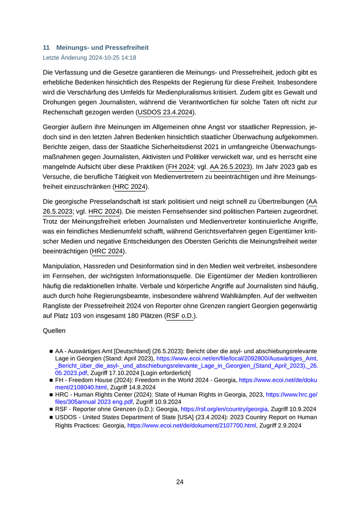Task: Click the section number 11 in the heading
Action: (x=46, y=47)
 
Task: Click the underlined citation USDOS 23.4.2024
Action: (x=165, y=112)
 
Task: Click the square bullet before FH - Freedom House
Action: (x=51, y=380)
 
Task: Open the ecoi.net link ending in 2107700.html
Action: (x=191, y=426)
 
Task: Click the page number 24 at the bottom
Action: (x=179, y=482)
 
